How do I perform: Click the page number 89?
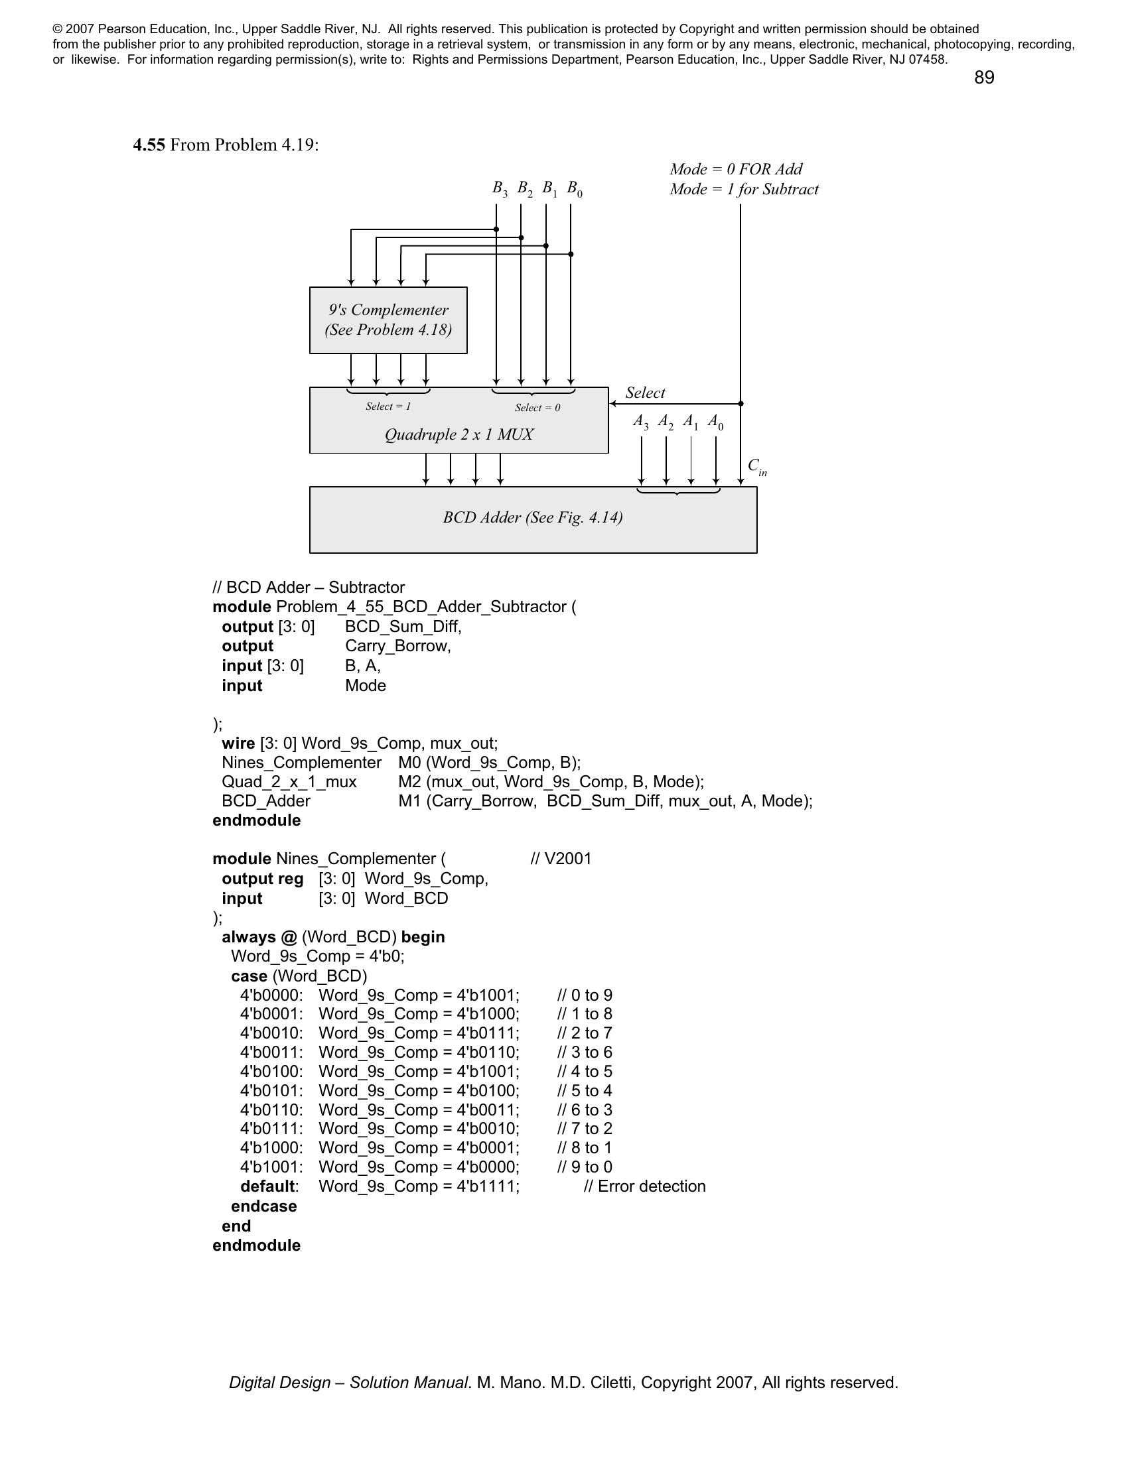pos(983,78)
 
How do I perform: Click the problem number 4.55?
pos(149,145)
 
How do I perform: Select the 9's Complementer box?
pos(388,320)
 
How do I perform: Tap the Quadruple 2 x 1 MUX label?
pos(458,435)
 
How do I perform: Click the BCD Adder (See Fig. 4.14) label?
pos(533,518)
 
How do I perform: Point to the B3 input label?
pos(499,188)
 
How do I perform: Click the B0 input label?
pos(574,188)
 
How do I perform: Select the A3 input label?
pos(640,422)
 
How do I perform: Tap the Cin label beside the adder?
pos(756,467)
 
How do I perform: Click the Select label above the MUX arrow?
pos(645,393)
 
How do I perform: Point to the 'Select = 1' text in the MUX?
pos(388,406)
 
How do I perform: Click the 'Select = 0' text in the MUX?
pos(537,407)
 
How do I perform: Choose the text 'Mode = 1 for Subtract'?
pos(744,189)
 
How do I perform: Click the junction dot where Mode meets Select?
pos(740,403)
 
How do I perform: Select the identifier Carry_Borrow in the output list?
pos(397,646)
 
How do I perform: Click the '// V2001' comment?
pos(561,858)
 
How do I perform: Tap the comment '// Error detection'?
pos(644,1186)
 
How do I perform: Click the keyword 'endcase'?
pos(263,1206)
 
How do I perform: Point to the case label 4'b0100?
pos(271,1071)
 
